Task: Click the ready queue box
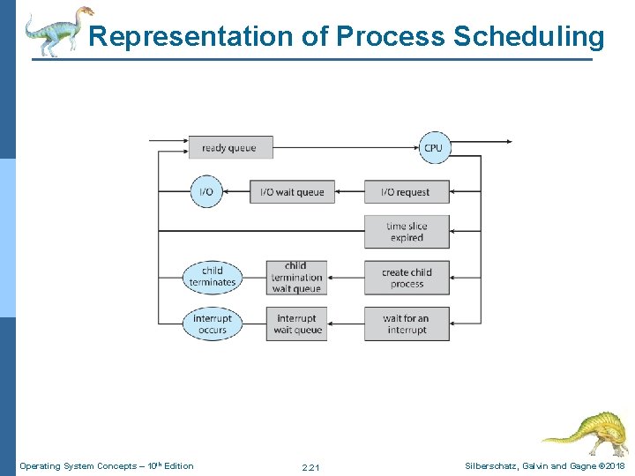tap(230, 147)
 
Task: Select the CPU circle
tap(433, 147)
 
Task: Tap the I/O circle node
tap(206, 192)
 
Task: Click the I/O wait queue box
tap(292, 192)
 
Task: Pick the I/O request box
tap(407, 192)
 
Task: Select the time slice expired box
tap(407, 232)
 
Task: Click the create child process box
tap(407, 278)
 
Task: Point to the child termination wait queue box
tap(296, 278)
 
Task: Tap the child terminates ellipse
tap(213, 277)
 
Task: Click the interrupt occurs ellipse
tap(213, 324)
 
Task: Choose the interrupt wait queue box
tap(296, 324)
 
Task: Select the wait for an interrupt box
tap(407, 324)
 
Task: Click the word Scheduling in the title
tap(528, 37)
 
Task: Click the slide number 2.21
tap(310, 466)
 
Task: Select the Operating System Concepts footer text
tap(107, 465)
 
